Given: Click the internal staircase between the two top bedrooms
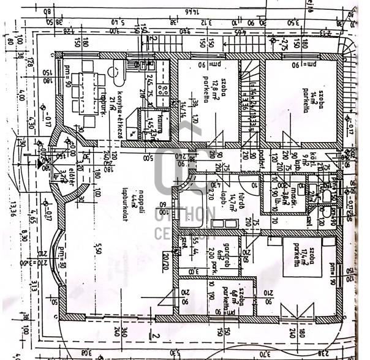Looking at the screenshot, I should click(250, 98).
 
